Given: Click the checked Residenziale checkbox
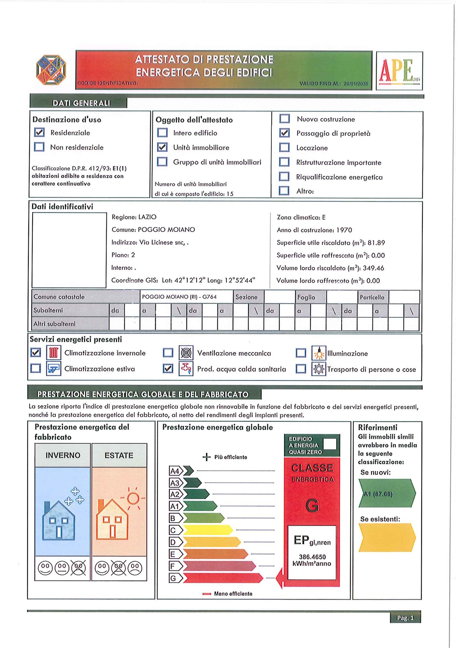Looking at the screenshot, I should [x=39, y=132].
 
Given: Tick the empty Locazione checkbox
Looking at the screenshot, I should [x=284, y=147].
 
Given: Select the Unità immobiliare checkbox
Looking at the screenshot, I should [x=162, y=147].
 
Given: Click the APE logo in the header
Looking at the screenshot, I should [x=399, y=71].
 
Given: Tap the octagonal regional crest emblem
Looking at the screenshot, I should [x=51, y=70].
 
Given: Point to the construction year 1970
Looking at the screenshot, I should [x=344, y=230].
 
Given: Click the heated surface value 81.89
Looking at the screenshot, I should [x=376, y=243].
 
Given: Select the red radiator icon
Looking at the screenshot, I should [x=54, y=353].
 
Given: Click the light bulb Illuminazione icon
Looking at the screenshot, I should [x=319, y=353].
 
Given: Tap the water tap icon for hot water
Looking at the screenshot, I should [x=186, y=369].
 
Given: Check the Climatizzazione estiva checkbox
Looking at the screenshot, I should [x=35, y=368].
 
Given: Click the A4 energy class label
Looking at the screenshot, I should [x=175, y=471].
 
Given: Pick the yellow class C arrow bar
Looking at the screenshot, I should [x=208, y=530].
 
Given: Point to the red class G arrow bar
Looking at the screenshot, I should [x=222, y=578].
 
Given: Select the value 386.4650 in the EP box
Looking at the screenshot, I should [x=312, y=557].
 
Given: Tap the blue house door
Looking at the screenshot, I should [x=59, y=532].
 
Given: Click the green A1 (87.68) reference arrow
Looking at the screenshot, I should [x=387, y=494].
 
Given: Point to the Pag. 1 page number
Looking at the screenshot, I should [x=405, y=618].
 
